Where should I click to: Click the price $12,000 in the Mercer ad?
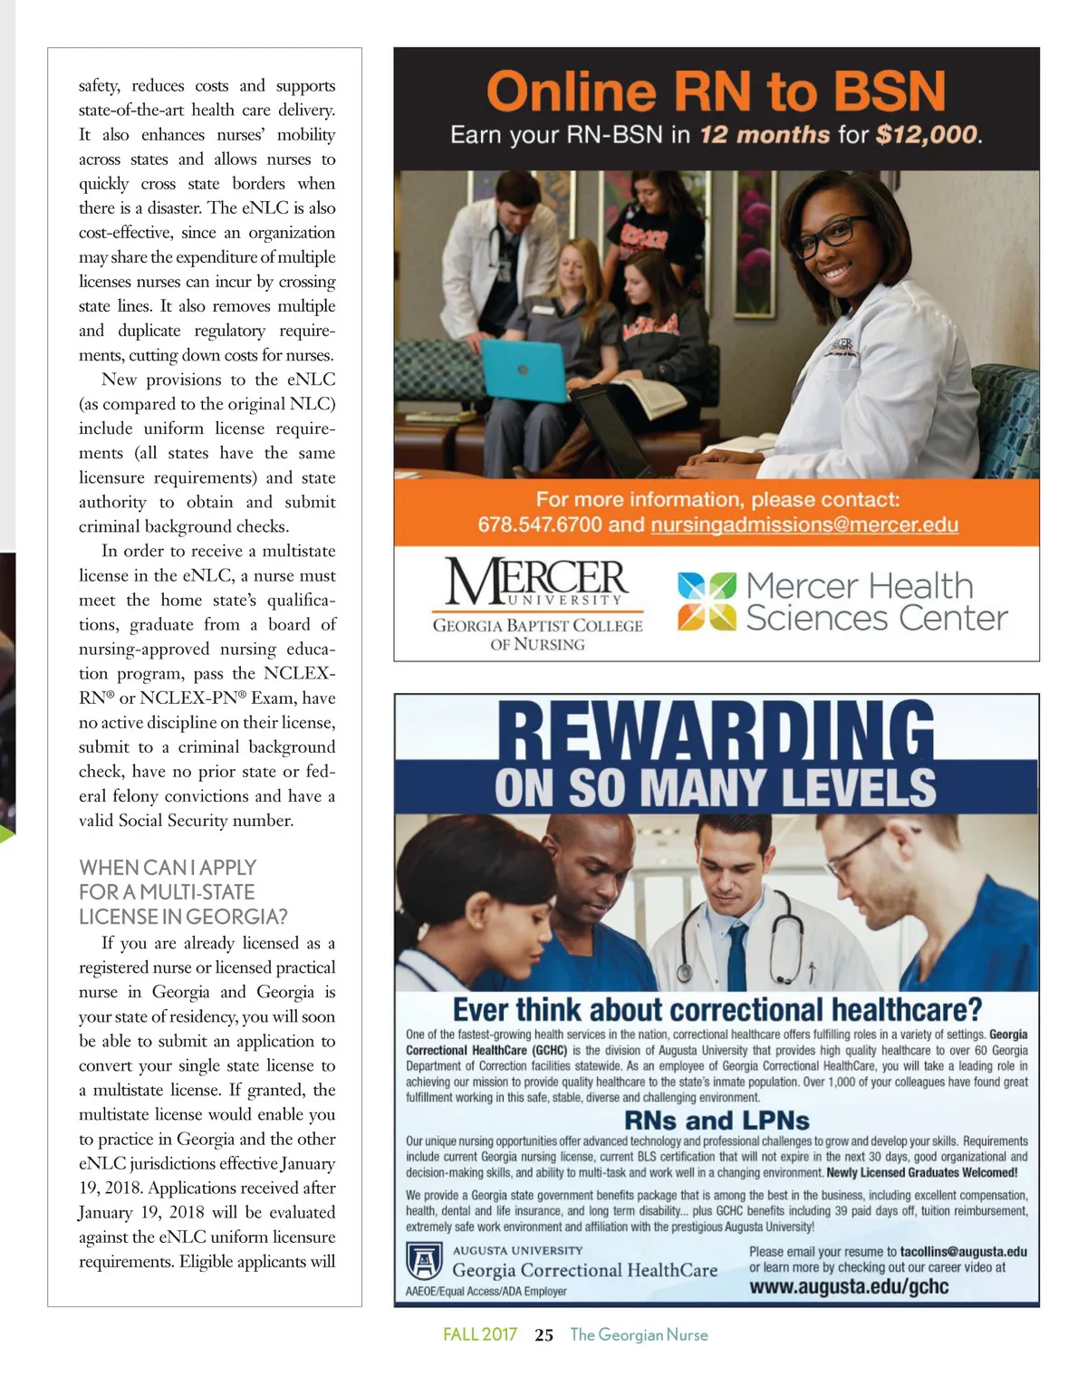[x=927, y=135]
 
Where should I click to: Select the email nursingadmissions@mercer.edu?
[x=803, y=525]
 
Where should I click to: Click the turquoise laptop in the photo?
[x=524, y=371]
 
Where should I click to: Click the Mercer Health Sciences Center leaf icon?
[x=707, y=601]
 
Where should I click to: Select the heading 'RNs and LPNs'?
[x=717, y=1121]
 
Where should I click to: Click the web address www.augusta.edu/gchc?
[x=849, y=1286]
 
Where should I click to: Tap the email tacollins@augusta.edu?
[x=963, y=1251]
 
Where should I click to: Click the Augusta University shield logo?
[x=423, y=1260]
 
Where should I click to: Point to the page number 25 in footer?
[x=543, y=1334]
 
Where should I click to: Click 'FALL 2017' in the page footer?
[x=480, y=1334]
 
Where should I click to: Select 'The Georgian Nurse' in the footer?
[x=639, y=1334]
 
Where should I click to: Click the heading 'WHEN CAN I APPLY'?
[x=168, y=867]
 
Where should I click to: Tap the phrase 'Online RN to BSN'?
[x=716, y=91]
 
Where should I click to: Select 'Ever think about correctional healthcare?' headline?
[x=717, y=1009]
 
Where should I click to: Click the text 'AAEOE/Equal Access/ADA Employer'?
[x=486, y=1291]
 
